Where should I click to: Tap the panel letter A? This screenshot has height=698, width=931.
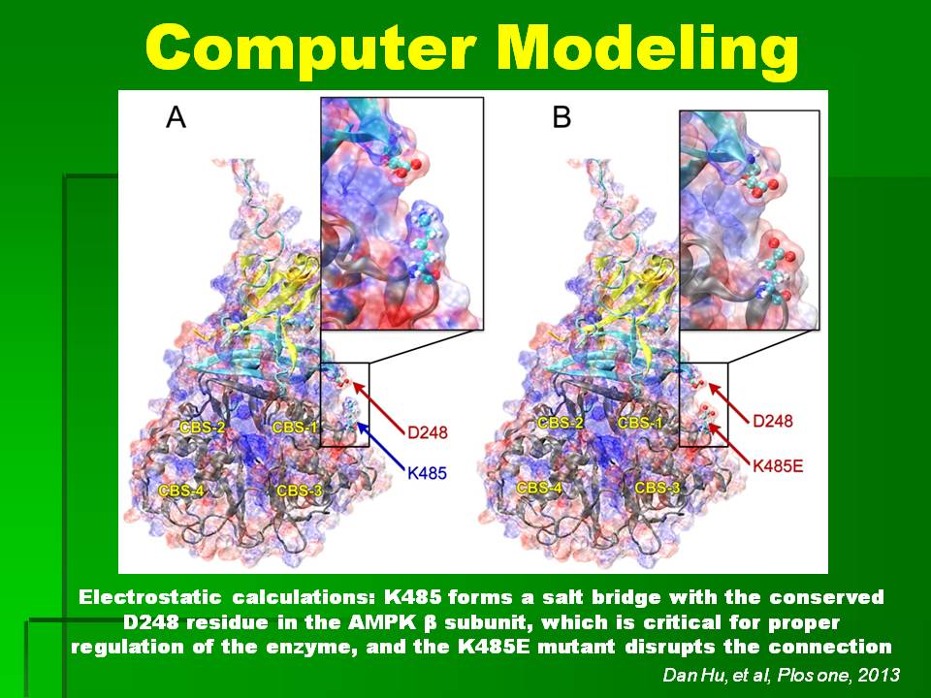(176, 116)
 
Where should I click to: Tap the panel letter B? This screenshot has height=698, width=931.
(562, 116)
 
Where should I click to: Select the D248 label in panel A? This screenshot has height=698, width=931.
(427, 432)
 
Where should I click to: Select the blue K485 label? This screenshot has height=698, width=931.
(427, 473)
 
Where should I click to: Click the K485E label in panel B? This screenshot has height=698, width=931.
(778, 466)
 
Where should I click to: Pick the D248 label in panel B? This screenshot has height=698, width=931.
(773, 421)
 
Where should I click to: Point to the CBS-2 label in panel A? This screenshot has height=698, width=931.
(203, 427)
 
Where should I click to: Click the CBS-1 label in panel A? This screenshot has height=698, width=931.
(295, 427)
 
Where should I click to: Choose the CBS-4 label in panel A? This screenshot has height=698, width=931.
(181, 491)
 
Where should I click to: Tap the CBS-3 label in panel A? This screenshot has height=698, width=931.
(300, 491)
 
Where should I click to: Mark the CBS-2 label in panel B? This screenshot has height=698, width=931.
(561, 424)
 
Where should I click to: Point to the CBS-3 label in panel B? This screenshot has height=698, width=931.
(658, 488)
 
